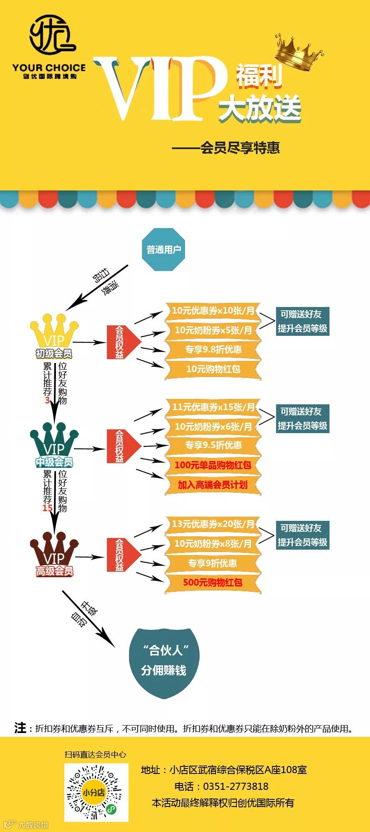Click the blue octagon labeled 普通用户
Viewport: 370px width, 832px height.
pos(163,249)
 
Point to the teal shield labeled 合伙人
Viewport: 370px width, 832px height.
pos(164,662)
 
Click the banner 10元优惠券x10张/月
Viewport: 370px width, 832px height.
pos(213,311)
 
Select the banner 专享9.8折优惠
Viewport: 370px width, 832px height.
pos(213,349)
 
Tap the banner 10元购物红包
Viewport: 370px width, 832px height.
pos(213,369)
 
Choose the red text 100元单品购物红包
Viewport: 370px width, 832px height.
pos(213,465)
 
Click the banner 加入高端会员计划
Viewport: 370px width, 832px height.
pos(213,484)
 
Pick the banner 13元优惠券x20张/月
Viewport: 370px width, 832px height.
pos(213,524)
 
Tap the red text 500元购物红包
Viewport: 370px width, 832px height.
pos(213,582)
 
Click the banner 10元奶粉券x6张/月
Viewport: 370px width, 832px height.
pos(213,426)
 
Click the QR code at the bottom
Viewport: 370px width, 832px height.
pos(96,792)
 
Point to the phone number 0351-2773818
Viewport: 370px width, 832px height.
pos(236,786)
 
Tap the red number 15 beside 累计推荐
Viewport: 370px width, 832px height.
pos(47,508)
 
